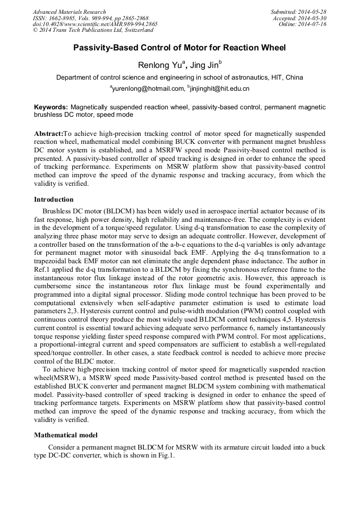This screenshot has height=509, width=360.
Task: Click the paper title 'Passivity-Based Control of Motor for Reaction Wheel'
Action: pos(179,48)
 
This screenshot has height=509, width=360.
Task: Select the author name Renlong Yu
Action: pos(157,65)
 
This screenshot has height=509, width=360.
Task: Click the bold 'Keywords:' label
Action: pos(51,107)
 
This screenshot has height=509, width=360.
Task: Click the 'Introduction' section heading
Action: pos(54,200)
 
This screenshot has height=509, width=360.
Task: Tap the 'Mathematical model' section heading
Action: pos(65,435)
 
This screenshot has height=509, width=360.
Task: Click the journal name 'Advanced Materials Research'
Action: pos(69,12)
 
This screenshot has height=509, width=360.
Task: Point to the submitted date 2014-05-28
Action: pos(314,12)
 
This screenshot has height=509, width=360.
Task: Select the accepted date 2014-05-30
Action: pos(314,18)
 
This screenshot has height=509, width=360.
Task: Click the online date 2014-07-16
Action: pos(314,24)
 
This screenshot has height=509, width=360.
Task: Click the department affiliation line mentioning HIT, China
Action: pos(179,77)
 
